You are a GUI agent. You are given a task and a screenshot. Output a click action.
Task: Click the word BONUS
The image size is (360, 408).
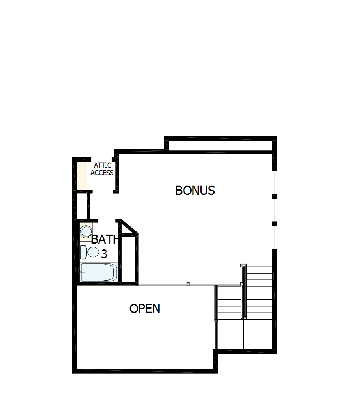point(195,191)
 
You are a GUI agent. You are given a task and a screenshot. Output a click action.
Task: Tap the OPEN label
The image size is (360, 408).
point(145,309)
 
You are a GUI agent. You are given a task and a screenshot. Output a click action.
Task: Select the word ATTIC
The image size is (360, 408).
point(102,166)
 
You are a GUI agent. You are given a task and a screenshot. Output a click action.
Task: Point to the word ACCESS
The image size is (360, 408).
point(102,173)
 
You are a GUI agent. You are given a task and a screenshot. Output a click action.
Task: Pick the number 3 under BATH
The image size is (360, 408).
point(104,254)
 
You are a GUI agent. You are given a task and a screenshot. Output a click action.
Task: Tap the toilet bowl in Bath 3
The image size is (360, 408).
point(93,252)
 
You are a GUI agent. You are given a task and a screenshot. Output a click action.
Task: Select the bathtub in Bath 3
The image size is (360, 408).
point(98,272)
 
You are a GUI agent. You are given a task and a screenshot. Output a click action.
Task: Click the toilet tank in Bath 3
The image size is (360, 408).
point(83,252)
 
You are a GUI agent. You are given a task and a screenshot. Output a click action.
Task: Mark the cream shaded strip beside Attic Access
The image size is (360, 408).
point(82,175)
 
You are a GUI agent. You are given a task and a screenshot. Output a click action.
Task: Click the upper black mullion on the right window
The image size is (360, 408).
point(275,196)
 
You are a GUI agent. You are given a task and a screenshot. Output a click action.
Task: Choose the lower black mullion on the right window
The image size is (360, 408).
point(275,224)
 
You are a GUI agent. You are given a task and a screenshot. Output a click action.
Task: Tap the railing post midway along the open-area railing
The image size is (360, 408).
point(188,284)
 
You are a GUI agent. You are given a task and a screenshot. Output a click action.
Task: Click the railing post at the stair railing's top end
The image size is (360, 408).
point(242,265)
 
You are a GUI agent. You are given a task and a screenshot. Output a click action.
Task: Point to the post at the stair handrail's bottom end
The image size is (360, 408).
point(245,318)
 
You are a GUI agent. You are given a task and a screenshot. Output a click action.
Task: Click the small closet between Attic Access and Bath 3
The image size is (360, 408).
point(83,205)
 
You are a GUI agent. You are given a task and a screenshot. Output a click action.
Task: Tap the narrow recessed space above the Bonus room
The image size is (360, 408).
point(220,145)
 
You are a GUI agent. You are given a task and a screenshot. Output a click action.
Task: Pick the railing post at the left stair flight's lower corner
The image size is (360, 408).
point(216,321)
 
